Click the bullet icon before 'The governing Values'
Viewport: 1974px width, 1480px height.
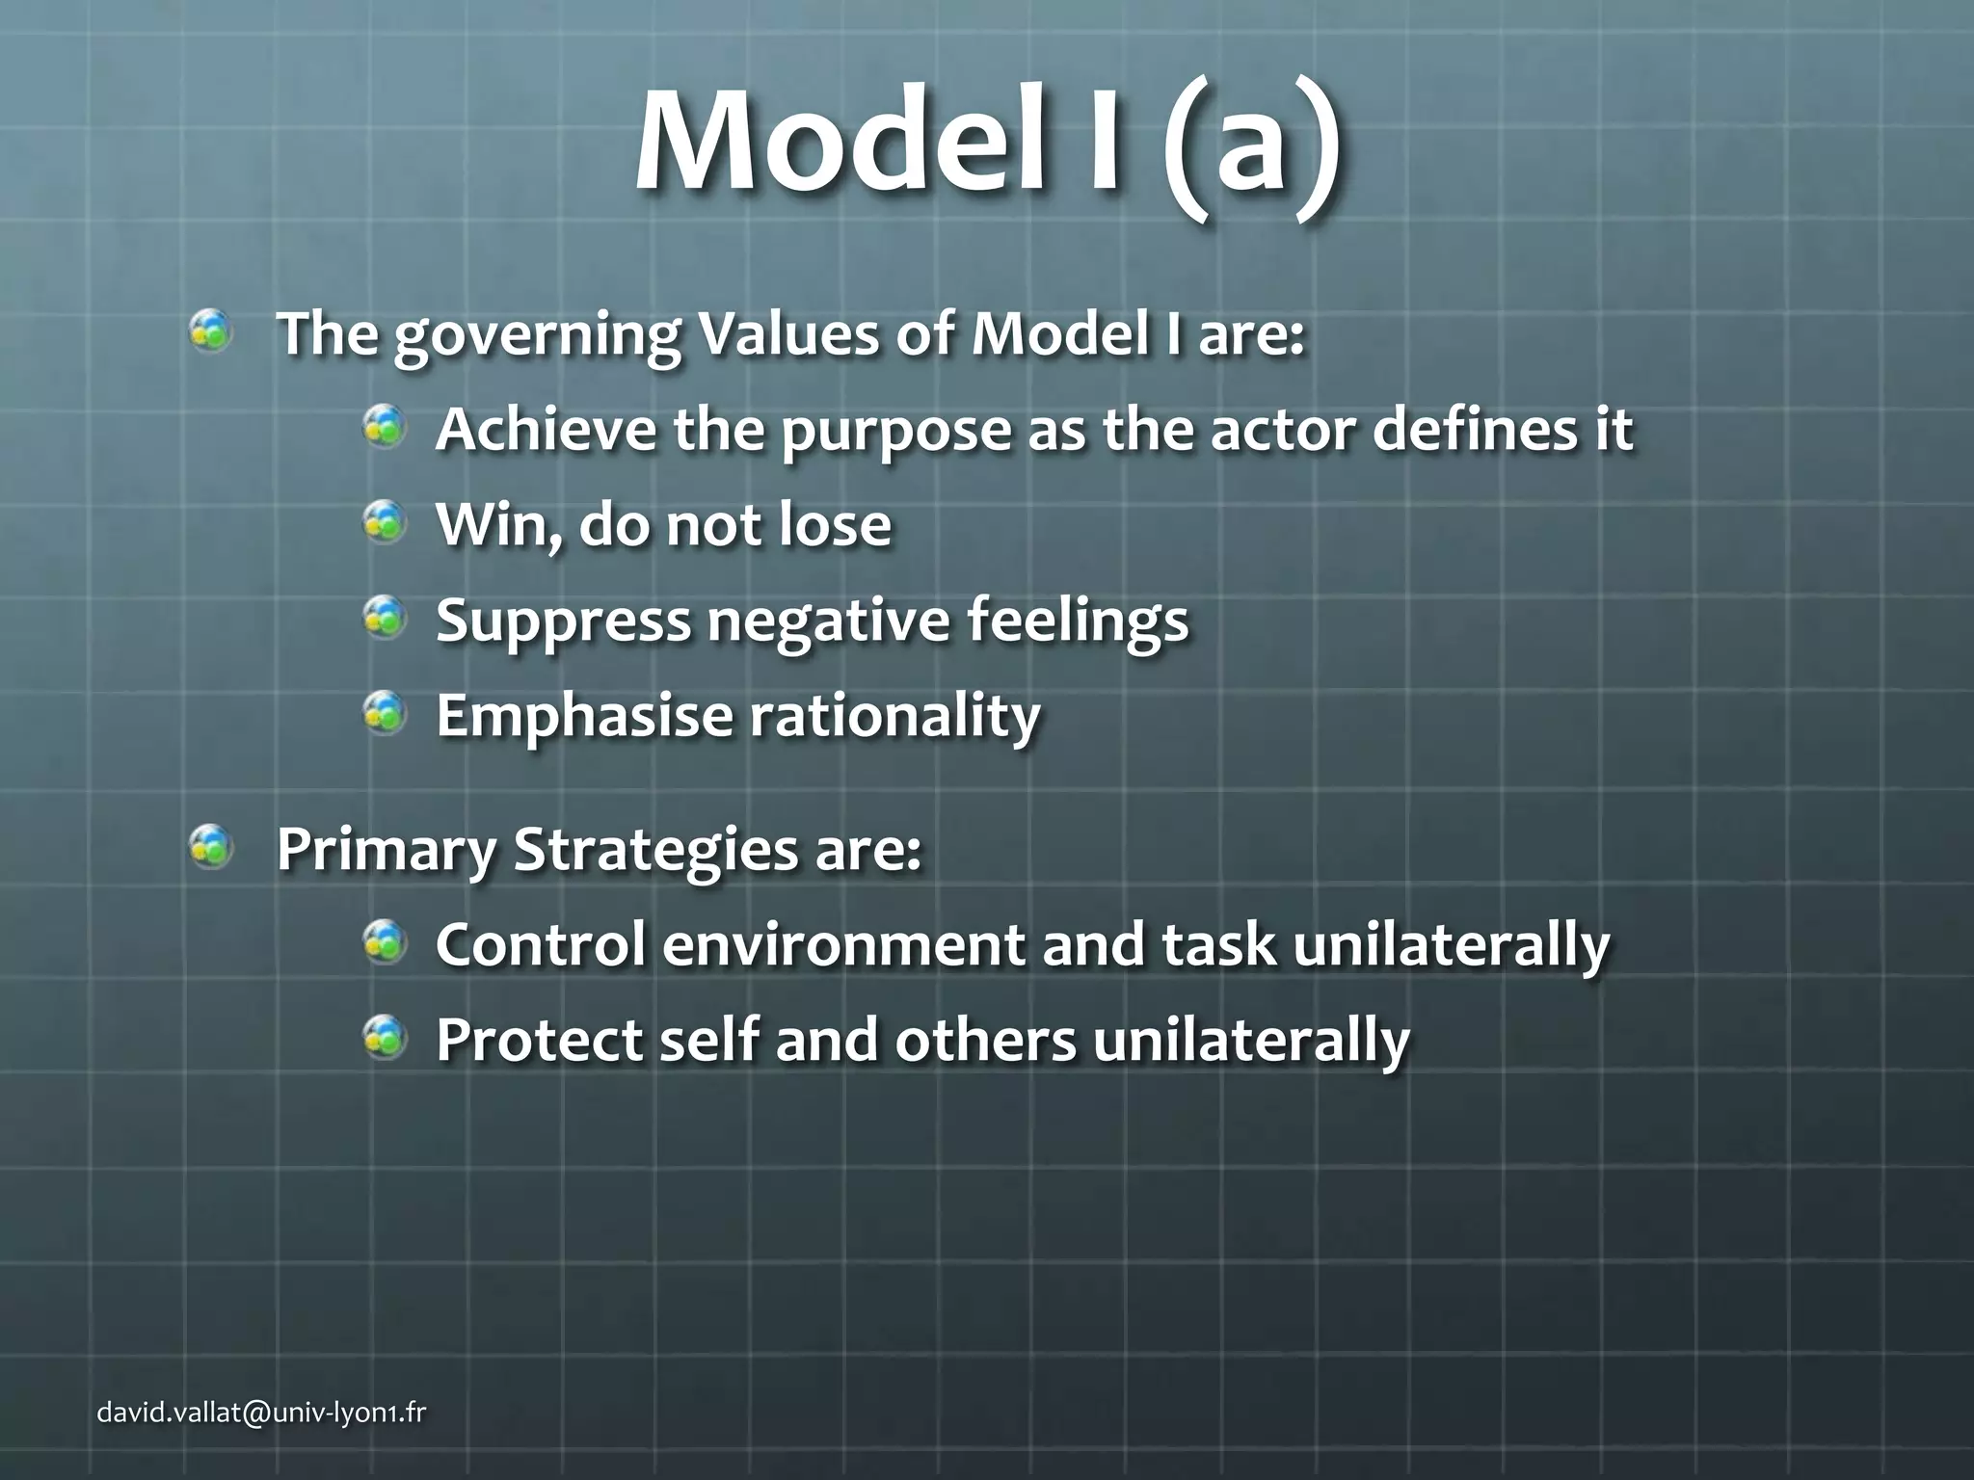210,333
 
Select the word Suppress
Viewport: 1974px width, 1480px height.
563,621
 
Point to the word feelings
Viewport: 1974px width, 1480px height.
1078,621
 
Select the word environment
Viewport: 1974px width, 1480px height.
843,944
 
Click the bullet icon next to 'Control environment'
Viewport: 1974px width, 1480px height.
385,942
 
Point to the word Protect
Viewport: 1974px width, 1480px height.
539,1040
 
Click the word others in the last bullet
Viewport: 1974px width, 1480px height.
985,1040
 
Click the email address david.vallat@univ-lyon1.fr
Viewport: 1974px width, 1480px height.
261,1413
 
